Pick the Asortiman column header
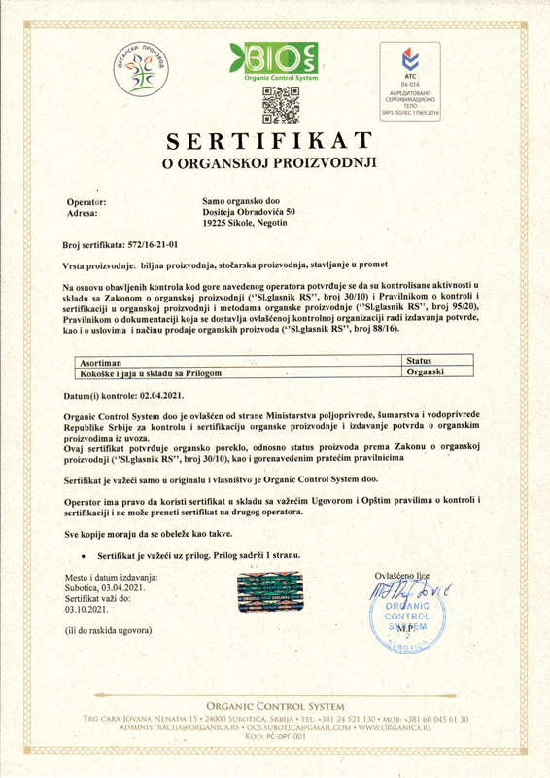pos(101,361)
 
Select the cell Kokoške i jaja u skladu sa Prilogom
pos(148,373)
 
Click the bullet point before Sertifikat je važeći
pos(87,555)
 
